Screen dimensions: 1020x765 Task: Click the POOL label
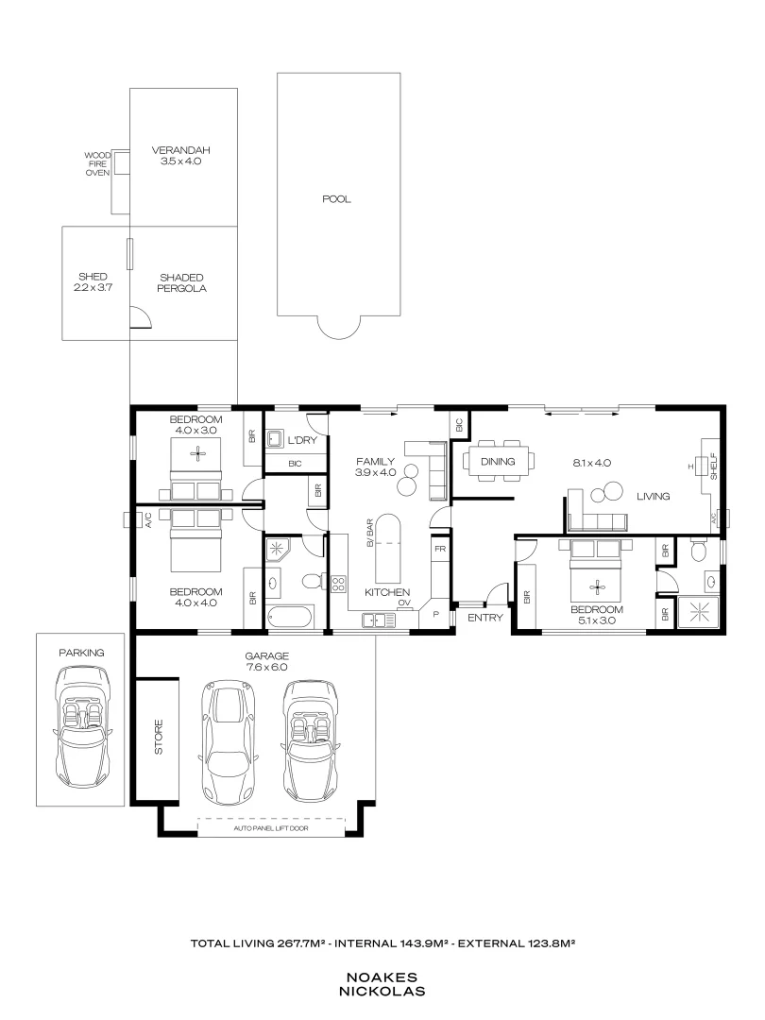(x=335, y=199)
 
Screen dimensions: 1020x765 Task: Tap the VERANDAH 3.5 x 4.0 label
(x=181, y=156)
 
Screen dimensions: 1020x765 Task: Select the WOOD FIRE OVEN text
(x=97, y=164)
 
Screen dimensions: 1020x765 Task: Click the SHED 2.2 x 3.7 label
(x=93, y=282)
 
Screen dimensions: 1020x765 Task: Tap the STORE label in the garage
(x=159, y=737)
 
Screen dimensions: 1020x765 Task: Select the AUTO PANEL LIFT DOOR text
(x=271, y=828)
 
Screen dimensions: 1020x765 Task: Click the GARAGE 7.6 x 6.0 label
(x=265, y=661)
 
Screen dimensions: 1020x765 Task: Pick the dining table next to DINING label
(x=498, y=462)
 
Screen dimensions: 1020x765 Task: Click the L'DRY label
(x=301, y=440)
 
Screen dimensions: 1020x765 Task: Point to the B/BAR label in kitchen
(x=371, y=535)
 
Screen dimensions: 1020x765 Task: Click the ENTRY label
(x=484, y=618)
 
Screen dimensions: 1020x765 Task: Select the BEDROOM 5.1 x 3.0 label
(x=597, y=615)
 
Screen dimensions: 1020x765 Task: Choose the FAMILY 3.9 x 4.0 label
(x=375, y=467)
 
